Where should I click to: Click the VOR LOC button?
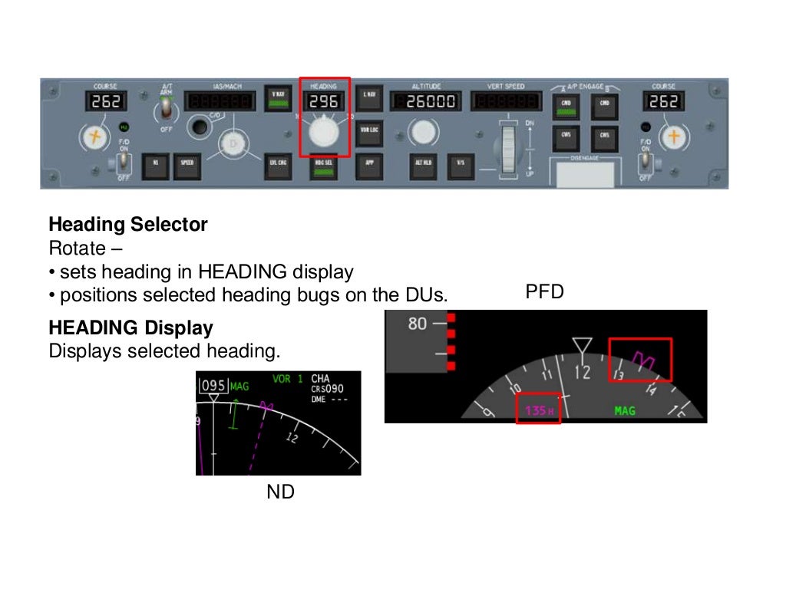(x=369, y=130)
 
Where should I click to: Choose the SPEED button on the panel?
(x=187, y=163)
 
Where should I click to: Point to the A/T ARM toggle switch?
(x=163, y=112)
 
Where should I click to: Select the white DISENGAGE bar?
(x=584, y=174)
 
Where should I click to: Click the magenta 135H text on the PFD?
(x=539, y=411)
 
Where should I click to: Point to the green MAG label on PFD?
(x=625, y=411)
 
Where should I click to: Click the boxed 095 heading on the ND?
(x=214, y=386)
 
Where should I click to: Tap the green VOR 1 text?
(x=288, y=379)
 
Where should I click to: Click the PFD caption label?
(x=544, y=292)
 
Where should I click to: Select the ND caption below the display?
(x=280, y=492)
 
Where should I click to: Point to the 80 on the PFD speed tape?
(x=417, y=324)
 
